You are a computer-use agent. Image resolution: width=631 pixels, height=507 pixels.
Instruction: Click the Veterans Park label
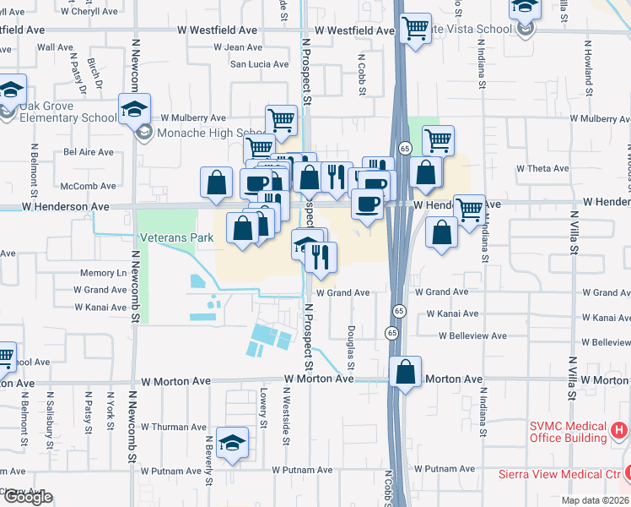coord(177,237)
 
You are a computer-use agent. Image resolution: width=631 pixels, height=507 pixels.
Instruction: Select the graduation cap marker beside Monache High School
coord(134,110)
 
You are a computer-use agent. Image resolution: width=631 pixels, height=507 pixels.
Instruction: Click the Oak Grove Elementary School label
coord(63,117)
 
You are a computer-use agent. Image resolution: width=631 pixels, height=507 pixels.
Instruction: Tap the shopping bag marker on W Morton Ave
coord(406,371)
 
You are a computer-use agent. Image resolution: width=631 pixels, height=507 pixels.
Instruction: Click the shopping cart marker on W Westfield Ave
coord(415,28)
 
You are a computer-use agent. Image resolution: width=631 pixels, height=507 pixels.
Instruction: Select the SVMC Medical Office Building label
coord(568,432)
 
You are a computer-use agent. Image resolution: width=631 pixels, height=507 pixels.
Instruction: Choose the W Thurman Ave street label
coord(176,427)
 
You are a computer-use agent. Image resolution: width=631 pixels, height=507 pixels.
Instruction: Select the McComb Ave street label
coord(94,186)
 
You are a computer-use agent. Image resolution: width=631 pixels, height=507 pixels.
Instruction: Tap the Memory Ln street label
coord(103,273)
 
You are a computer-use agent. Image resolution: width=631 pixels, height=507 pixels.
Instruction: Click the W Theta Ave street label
coord(544,169)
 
